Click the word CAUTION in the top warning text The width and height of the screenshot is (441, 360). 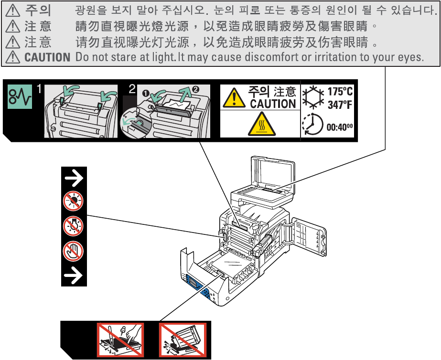pyautogui.click(x=47, y=58)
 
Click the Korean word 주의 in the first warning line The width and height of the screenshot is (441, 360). pyautogui.click(x=38, y=10)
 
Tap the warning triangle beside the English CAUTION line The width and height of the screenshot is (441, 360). pyautogui.click(x=11, y=58)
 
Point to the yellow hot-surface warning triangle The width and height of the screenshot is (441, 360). pyautogui.click(x=260, y=126)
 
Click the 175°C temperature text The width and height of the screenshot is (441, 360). pyautogui.click(x=340, y=92)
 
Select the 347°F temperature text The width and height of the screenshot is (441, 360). pyautogui.click(x=340, y=105)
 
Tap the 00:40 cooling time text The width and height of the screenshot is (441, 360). pyautogui.click(x=339, y=127)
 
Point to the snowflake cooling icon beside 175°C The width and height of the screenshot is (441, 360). pyautogui.click(x=313, y=97)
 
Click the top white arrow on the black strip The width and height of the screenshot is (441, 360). pyautogui.click(x=74, y=179)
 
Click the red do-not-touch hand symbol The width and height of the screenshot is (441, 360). pyautogui.click(x=74, y=250)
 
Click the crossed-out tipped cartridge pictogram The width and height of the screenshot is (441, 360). pyautogui.click(x=182, y=340)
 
